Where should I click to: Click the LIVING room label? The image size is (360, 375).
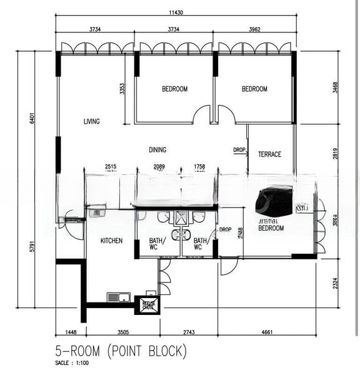(x=92, y=122)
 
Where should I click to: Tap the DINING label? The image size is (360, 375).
(x=157, y=149)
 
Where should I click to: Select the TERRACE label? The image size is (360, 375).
(x=269, y=154)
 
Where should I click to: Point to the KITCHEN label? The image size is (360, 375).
(x=112, y=241)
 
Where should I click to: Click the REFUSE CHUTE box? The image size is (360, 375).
(x=147, y=305)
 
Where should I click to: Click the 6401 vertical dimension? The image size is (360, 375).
(x=31, y=117)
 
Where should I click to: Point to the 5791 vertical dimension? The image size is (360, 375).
(x=31, y=247)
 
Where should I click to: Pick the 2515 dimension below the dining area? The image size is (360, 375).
(x=111, y=167)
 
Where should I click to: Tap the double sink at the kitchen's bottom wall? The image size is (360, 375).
(x=118, y=297)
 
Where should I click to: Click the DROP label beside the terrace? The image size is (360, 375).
(x=239, y=150)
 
